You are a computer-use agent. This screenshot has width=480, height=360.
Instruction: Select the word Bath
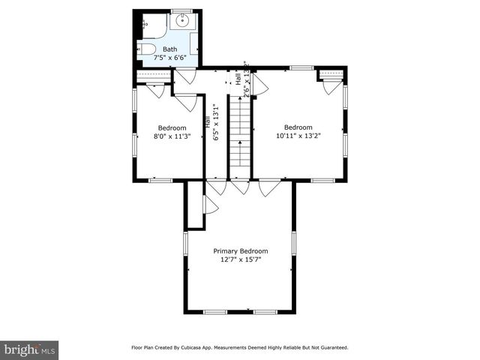(x=170, y=49)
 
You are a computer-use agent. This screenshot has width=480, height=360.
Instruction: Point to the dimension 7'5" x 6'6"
(x=170, y=57)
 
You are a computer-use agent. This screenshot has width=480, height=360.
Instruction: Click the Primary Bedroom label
(x=240, y=251)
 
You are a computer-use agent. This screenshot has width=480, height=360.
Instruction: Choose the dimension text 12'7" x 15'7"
(x=240, y=259)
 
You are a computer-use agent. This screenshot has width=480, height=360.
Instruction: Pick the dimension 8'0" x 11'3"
(x=172, y=136)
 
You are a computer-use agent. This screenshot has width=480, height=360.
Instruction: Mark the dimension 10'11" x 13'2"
(x=297, y=135)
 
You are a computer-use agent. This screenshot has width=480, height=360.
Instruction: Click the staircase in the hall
(x=238, y=135)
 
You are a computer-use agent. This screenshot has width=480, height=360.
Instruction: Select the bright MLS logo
(x=30, y=349)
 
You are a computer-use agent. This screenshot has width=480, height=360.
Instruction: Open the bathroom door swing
(x=185, y=75)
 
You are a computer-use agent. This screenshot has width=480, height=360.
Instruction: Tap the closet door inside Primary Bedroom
(x=209, y=205)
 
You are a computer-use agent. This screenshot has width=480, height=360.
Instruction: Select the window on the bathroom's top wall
(x=181, y=10)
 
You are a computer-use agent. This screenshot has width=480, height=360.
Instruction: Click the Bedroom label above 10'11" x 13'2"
(x=297, y=126)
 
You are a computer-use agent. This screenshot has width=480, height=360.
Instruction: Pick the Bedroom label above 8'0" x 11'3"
(x=172, y=127)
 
